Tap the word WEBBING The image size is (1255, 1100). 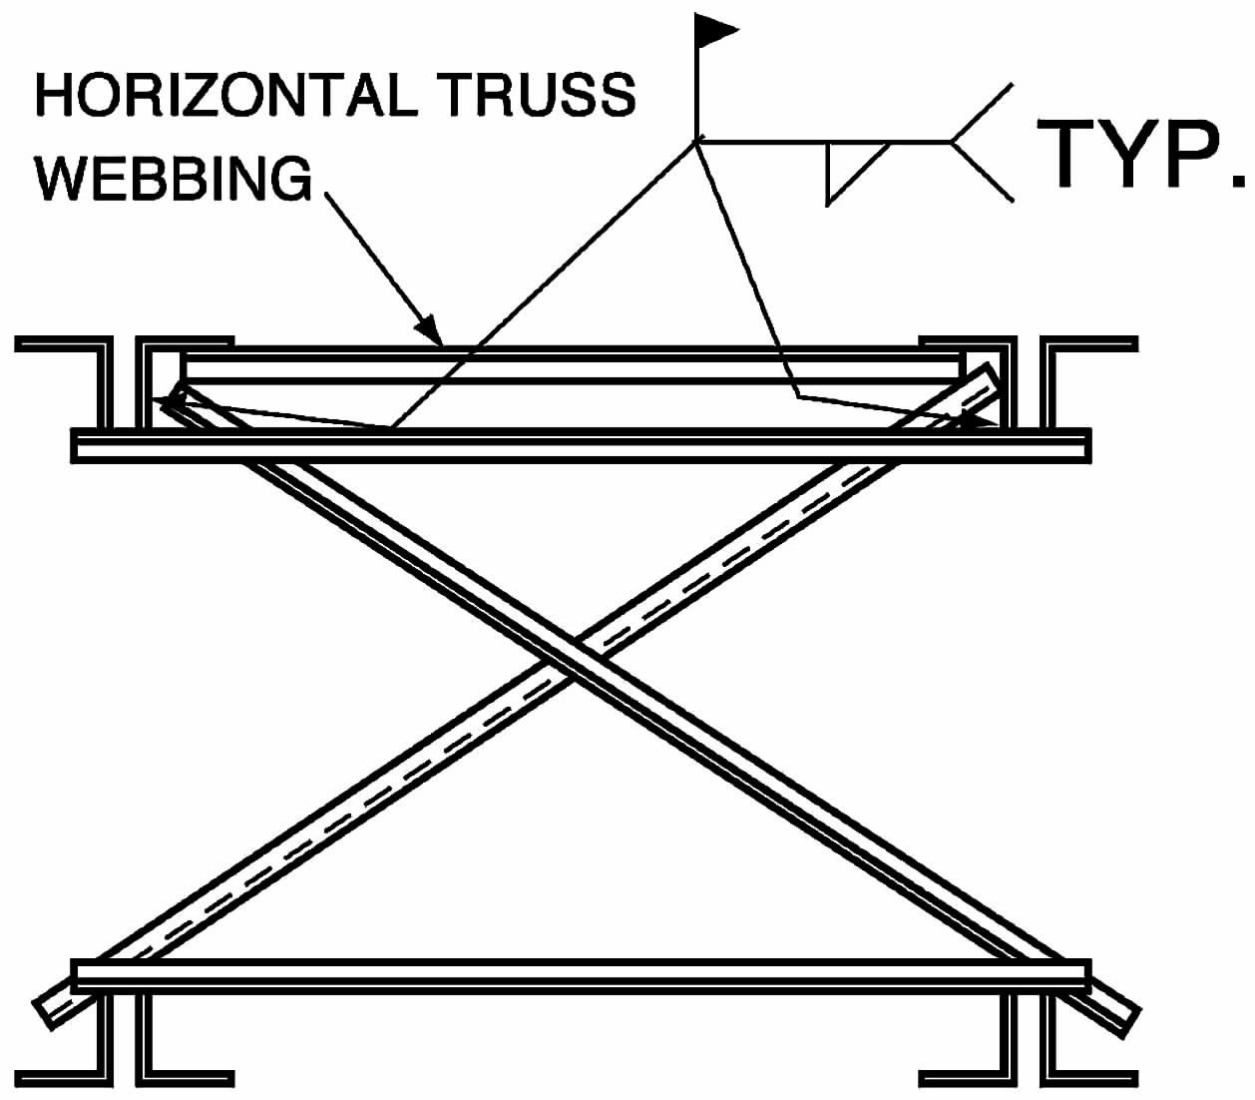[174, 179]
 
